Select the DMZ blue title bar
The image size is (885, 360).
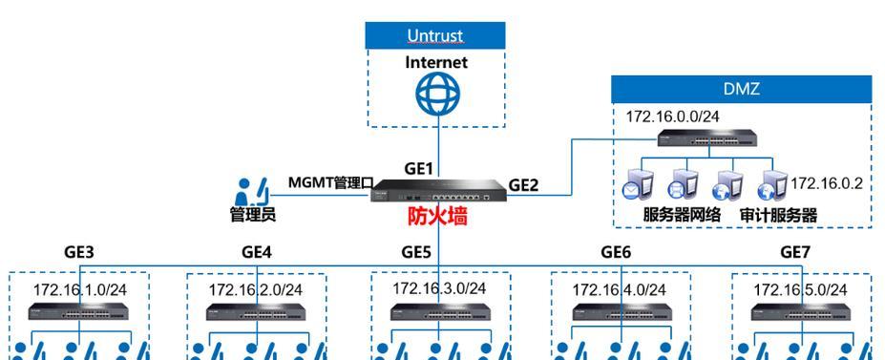point(741,88)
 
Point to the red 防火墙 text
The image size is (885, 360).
point(438,217)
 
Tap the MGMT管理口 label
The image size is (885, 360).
point(329,182)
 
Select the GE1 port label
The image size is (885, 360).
point(418,168)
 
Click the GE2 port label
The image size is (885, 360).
point(523,185)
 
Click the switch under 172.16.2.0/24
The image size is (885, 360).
point(255,311)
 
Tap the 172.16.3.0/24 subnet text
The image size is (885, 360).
point(439,288)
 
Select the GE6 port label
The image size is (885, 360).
point(616,253)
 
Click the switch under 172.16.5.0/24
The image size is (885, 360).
point(800,311)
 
